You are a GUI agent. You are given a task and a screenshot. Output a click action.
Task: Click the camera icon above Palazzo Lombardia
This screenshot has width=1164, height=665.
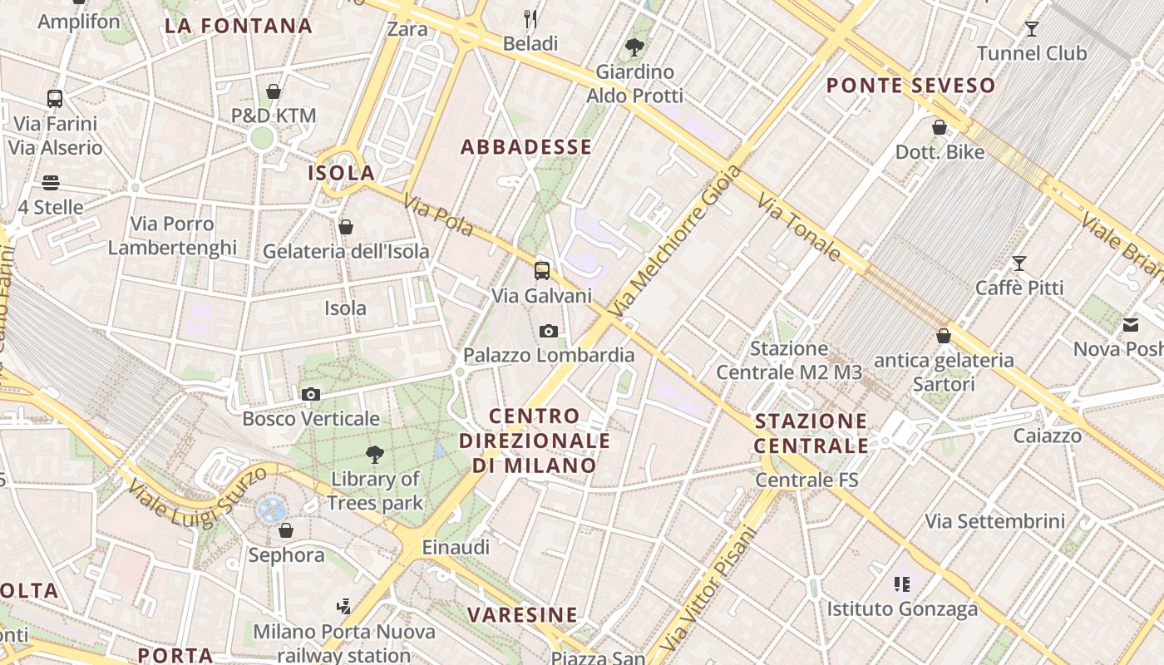pyautogui.click(x=548, y=332)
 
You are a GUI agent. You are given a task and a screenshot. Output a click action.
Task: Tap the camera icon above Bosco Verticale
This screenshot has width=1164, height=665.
pyautogui.click(x=311, y=395)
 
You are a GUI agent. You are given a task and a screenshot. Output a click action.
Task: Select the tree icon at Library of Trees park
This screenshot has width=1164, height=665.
pyautogui.click(x=375, y=455)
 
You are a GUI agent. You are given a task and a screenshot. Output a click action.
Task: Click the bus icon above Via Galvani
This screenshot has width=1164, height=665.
pyautogui.click(x=542, y=271)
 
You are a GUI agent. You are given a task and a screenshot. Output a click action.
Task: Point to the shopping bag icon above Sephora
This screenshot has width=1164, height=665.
pyautogui.click(x=286, y=530)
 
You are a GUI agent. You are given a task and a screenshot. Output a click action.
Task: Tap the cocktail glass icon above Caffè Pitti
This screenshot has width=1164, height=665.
pyautogui.click(x=1019, y=264)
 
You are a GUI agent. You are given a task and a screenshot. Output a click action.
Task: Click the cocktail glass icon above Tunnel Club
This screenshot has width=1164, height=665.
pyautogui.click(x=1032, y=29)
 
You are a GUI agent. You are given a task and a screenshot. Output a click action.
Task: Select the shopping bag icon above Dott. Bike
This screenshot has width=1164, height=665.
pyautogui.click(x=940, y=128)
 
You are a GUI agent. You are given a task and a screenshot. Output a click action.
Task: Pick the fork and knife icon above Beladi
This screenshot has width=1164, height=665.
pyautogui.click(x=530, y=19)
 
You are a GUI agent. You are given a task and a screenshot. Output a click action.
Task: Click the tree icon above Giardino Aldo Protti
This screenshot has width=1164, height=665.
pyautogui.click(x=634, y=47)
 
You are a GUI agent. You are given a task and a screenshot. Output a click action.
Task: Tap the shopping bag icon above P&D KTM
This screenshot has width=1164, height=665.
pyautogui.click(x=274, y=91)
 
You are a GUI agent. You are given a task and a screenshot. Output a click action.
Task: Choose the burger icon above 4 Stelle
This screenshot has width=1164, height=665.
pyautogui.click(x=51, y=183)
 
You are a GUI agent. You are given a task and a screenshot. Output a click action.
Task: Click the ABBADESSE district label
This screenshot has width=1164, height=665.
pyautogui.click(x=526, y=147)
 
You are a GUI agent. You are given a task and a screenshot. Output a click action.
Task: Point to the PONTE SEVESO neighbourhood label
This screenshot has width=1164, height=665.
pyautogui.click(x=910, y=85)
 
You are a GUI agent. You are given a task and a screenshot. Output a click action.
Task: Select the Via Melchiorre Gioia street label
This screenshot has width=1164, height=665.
pyautogui.click(x=674, y=240)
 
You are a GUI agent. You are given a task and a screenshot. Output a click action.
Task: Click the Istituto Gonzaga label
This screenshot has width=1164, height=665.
pyautogui.click(x=902, y=609)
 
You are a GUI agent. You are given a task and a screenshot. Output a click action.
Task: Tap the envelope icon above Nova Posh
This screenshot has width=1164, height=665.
pyautogui.click(x=1131, y=325)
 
